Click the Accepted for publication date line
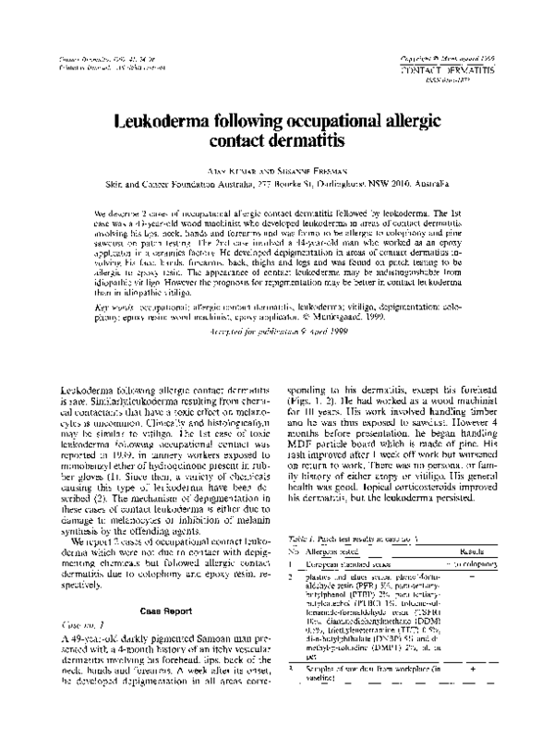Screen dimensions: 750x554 point(276,331)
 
